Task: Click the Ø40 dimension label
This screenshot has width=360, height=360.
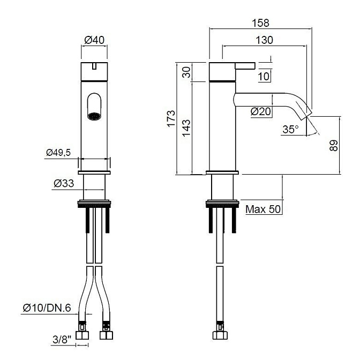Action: [x=94, y=40]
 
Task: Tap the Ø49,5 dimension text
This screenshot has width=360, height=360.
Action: [x=58, y=152]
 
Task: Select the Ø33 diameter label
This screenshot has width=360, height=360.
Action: [x=64, y=183]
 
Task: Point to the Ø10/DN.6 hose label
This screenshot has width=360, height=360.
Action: [x=47, y=308]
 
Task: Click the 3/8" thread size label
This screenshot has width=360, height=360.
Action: [x=62, y=340]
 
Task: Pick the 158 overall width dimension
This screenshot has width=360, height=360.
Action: [x=260, y=23]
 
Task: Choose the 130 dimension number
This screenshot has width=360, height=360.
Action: [x=264, y=40]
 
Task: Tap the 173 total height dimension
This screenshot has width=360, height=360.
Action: [x=171, y=119]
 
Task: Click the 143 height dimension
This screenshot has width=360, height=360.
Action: [x=186, y=128]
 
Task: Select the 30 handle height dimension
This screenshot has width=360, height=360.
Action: [x=186, y=72]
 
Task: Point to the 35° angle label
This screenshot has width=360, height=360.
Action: [x=291, y=129]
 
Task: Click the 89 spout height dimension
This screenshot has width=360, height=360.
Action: [x=334, y=146]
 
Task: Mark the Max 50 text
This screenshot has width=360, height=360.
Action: [x=263, y=209]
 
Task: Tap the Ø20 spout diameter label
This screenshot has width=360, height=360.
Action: [x=261, y=111]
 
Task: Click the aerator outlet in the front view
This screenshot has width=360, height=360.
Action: [x=94, y=116]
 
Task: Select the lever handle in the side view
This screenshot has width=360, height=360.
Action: [x=245, y=66]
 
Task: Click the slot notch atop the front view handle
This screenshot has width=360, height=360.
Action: [x=94, y=66]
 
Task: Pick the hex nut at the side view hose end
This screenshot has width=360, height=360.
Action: [x=220, y=335]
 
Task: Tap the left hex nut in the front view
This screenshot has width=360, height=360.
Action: [x=82, y=335]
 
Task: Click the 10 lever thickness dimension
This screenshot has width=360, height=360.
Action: [x=264, y=76]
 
